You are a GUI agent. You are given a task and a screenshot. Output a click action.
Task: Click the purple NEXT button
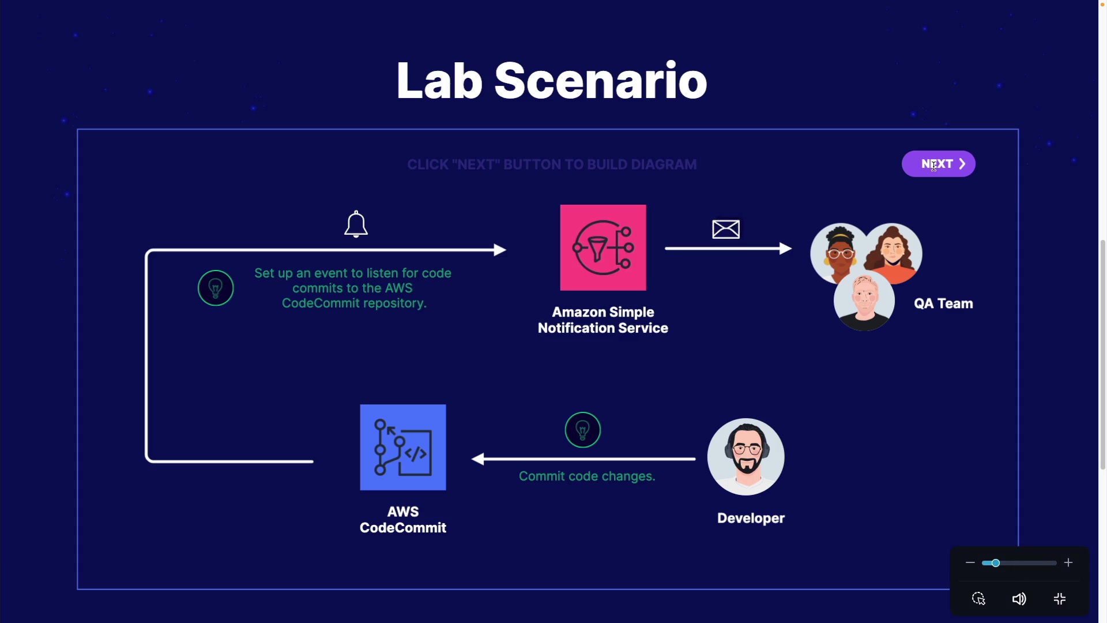(938, 164)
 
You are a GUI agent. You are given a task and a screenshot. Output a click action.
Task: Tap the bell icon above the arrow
(356, 224)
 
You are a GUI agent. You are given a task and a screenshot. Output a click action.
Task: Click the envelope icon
(726, 229)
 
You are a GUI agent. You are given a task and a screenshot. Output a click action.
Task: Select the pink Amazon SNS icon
(603, 247)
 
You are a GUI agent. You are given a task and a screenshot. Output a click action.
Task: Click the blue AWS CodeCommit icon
(403, 447)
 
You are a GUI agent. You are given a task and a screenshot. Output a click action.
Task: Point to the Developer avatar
(746, 457)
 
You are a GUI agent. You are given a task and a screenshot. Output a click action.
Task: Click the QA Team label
(943, 303)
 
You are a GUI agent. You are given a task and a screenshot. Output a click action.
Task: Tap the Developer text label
(751, 518)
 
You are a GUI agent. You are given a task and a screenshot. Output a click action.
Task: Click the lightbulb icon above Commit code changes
(583, 430)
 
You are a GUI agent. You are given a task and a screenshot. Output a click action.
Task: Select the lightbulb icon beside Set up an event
(216, 288)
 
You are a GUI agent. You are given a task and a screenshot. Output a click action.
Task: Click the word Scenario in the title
(600, 81)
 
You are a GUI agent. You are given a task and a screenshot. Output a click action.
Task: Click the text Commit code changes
(587, 476)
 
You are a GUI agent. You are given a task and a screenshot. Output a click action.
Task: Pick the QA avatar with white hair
(864, 300)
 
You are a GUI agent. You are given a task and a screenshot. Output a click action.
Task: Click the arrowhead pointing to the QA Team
(785, 249)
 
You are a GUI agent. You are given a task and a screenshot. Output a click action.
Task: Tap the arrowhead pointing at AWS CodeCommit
(478, 459)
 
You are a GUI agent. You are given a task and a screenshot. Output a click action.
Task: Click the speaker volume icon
(1019, 599)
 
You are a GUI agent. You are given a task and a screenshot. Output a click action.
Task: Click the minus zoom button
(970, 562)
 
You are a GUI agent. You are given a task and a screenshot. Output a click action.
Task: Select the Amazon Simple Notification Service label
(603, 320)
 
